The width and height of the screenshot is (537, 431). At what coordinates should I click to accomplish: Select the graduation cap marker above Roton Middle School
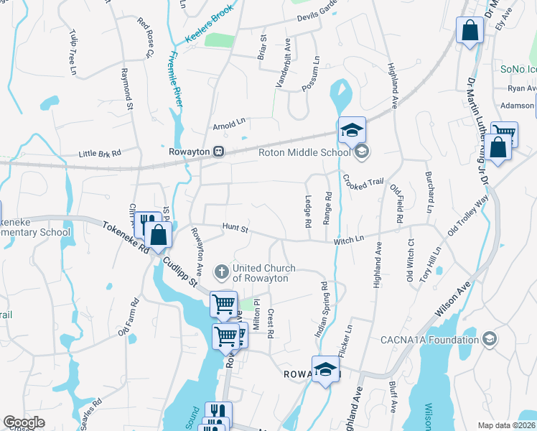click(x=352, y=130)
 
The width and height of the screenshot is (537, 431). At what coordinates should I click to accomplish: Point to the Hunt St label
click(x=234, y=229)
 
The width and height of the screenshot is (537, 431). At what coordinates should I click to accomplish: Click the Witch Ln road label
click(x=349, y=241)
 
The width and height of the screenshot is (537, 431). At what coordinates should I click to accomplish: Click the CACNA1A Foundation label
click(x=440, y=340)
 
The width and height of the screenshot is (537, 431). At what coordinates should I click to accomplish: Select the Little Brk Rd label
click(x=100, y=153)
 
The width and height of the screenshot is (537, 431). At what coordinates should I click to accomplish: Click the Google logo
click(x=24, y=422)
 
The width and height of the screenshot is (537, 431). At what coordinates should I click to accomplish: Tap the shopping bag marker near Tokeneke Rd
click(x=157, y=234)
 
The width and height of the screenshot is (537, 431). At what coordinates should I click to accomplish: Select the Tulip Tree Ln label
click(x=73, y=52)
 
